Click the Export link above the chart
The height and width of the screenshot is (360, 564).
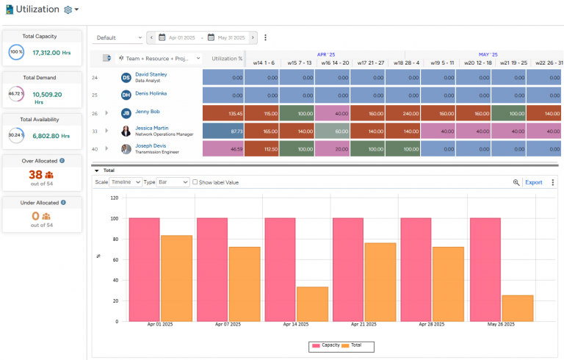point(533,182)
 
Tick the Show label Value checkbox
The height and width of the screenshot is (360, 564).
point(195,182)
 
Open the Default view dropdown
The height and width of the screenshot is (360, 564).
point(119,37)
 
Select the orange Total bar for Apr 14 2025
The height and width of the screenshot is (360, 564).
point(312,303)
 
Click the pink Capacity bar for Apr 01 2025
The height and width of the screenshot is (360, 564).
point(144,270)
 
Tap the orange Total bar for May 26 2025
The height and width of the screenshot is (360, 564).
point(518,308)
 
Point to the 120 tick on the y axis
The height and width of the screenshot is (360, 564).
point(113,198)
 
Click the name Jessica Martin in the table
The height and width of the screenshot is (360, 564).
point(151,128)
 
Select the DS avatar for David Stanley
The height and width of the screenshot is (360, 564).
point(126,77)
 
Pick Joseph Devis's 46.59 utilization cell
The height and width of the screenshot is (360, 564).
point(223,148)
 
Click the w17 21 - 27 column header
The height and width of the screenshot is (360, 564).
point(369,63)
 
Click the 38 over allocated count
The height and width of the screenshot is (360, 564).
point(35,175)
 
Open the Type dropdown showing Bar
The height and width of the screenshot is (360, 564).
point(173,182)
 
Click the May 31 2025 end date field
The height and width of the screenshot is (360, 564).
point(230,37)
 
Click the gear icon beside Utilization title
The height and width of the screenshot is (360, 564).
point(68,10)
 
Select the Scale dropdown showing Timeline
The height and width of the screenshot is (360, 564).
point(126,182)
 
